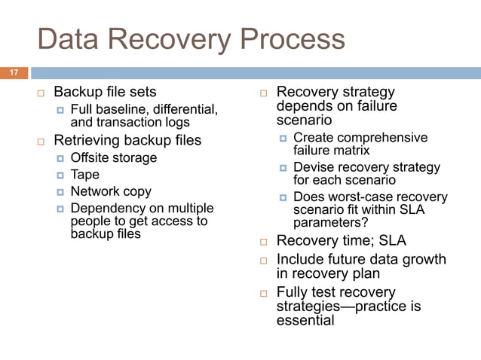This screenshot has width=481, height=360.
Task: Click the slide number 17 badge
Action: [x=13, y=73]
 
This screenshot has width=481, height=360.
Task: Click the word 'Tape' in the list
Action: [x=84, y=175]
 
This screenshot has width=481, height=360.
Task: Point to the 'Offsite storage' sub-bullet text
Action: [x=113, y=158]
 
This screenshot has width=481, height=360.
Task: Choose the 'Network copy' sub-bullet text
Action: [x=110, y=191]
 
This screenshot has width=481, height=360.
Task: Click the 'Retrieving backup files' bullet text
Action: [x=127, y=140]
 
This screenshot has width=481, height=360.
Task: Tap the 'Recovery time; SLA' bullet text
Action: [x=342, y=241]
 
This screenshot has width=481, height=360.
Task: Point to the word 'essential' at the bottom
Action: [x=305, y=321]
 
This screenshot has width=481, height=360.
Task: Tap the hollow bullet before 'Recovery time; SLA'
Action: [x=265, y=242]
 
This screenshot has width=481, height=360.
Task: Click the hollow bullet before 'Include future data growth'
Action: [x=265, y=260]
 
